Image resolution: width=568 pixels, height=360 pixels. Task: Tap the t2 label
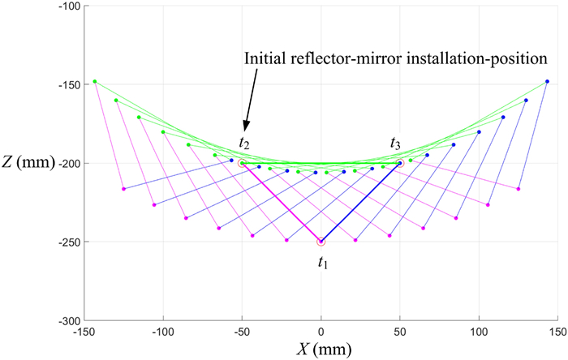243,143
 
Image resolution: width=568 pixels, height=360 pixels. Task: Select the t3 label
395,144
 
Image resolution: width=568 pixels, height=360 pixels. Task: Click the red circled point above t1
321,242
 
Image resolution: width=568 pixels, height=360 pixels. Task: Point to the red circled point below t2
243,163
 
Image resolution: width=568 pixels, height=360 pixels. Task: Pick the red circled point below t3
400,163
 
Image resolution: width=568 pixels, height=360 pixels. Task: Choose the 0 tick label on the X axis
321,332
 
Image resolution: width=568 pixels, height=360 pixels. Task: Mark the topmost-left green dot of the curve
95,81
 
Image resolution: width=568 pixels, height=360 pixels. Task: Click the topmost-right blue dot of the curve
548,81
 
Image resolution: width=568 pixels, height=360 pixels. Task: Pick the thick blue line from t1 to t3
361,202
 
